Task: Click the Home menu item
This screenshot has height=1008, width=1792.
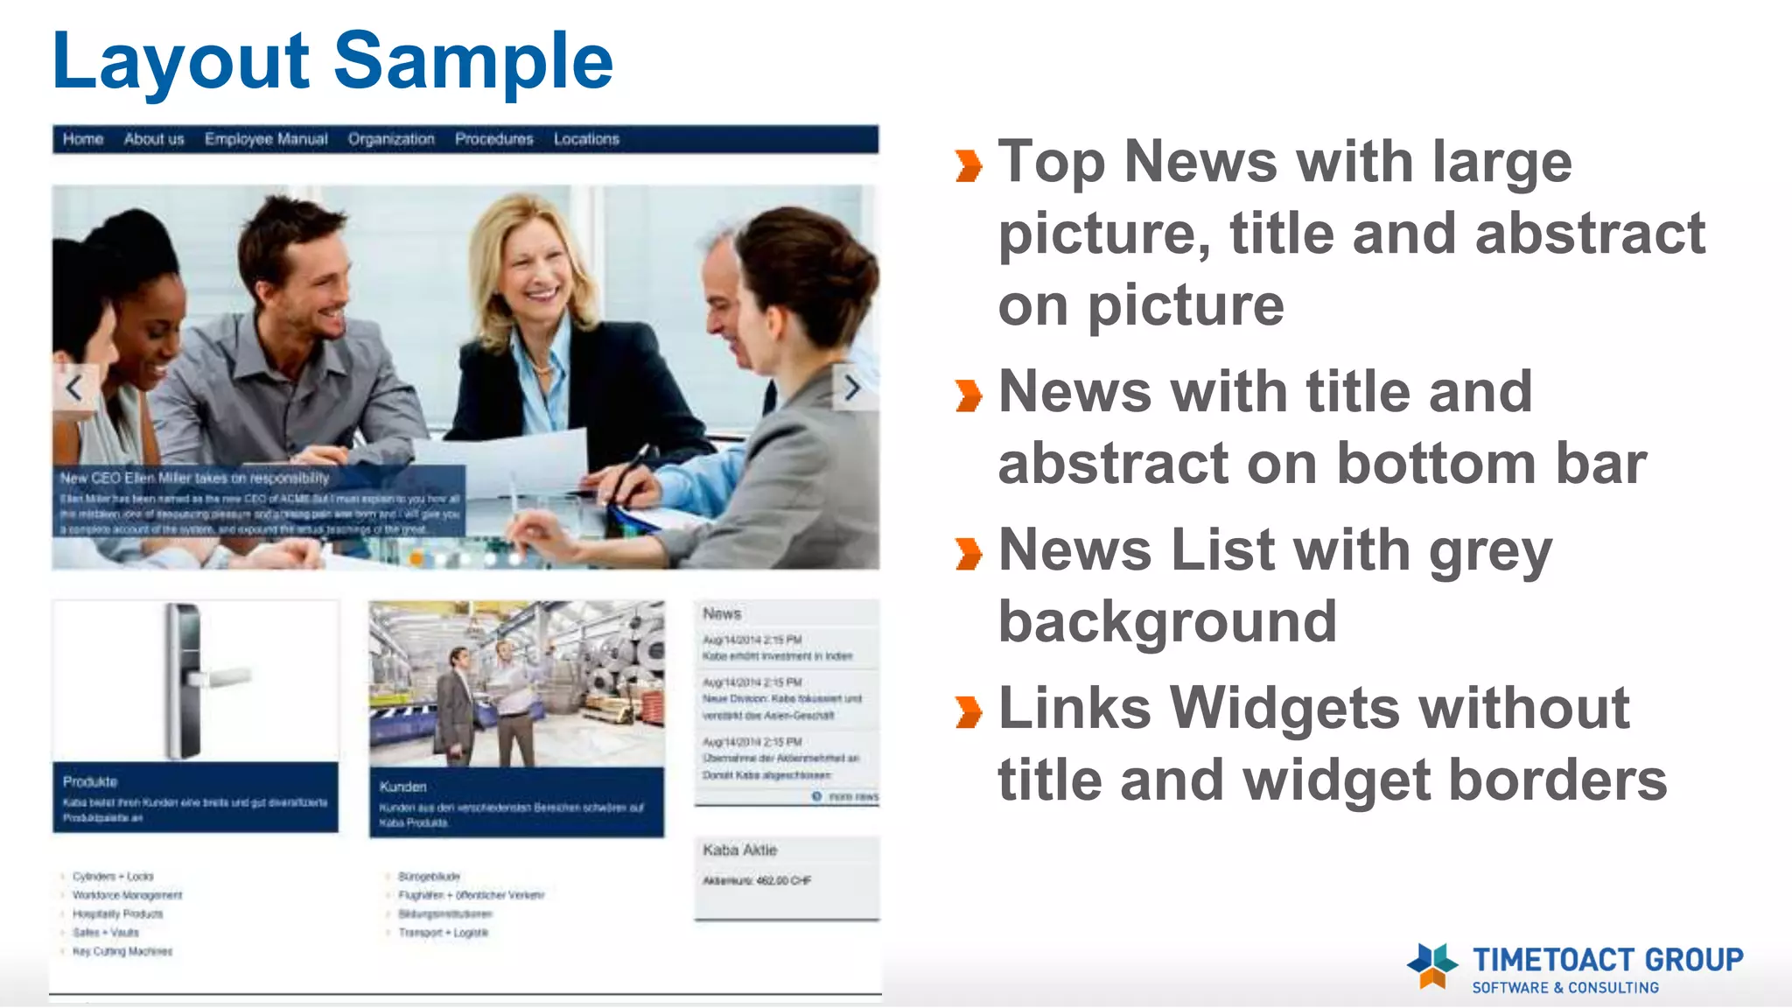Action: click(x=83, y=139)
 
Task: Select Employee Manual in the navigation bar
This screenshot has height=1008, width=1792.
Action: click(x=266, y=139)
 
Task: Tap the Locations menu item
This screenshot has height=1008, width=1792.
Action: click(x=586, y=139)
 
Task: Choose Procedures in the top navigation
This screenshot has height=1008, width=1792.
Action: click(x=493, y=139)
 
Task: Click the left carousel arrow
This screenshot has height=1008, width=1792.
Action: click(x=74, y=388)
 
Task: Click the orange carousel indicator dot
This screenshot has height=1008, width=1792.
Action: click(x=417, y=558)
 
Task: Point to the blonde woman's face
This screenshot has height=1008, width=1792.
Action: click(x=535, y=262)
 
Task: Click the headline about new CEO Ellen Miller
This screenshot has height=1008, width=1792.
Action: click(x=194, y=478)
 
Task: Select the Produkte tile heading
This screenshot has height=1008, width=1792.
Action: click(x=90, y=781)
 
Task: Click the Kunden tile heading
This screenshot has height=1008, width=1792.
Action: click(x=402, y=787)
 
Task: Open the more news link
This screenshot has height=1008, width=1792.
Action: click(x=851, y=797)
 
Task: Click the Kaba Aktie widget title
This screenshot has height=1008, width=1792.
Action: click(x=739, y=850)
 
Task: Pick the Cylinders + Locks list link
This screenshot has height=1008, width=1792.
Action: click(x=113, y=876)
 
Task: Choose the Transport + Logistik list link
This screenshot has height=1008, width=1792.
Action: click(x=443, y=933)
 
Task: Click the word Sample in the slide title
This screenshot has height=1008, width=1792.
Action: click(x=473, y=61)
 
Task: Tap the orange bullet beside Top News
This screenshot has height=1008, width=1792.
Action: click(x=969, y=165)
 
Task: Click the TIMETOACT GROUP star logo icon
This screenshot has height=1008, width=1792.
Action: click(x=1431, y=965)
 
